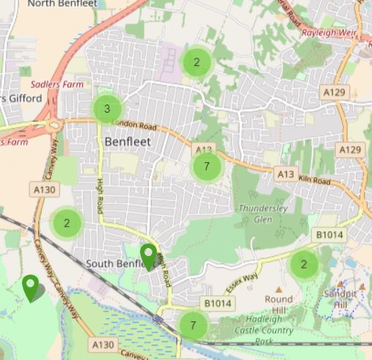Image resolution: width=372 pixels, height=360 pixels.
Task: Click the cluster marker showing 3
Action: click(x=107, y=110)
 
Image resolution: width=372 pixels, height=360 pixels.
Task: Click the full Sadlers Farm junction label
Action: click(x=57, y=85)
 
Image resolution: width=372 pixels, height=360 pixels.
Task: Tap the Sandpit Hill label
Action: click(x=340, y=299)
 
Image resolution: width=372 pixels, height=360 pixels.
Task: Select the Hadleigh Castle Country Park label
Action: click(x=263, y=330)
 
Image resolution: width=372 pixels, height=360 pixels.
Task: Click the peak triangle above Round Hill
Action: click(x=278, y=290)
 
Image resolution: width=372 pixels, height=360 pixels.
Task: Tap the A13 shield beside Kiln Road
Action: click(x=285, y=174)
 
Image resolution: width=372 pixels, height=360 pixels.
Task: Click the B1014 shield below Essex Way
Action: click(x=217, y=303)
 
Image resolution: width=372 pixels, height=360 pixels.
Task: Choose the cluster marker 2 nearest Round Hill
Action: click(x=304, y=265)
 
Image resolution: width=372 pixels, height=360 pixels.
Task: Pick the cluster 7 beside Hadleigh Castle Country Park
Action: click(x=193, y=326)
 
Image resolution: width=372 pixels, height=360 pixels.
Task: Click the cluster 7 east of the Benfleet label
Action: click(x=207, y=167)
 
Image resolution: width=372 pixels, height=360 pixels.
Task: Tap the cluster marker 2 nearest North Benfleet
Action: click(x=196, y=62)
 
